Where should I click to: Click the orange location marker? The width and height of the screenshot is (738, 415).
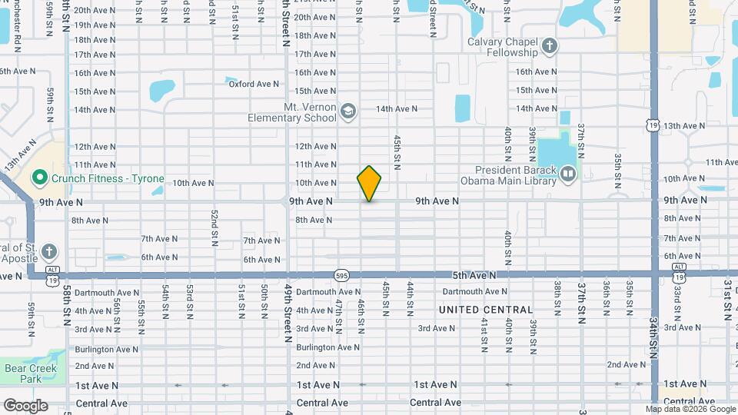(370, 184)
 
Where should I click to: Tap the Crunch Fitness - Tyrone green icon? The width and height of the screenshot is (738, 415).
(41, 179)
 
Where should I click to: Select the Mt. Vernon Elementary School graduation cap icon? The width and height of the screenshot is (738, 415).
(347, 112)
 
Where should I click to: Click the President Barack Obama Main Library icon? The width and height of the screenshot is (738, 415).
(567, 176)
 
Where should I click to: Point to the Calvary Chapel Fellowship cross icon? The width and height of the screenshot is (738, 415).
(549, 46)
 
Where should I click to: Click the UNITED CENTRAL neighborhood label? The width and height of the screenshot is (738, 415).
(485, 310)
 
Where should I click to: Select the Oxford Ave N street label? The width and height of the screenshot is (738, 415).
(254, 84)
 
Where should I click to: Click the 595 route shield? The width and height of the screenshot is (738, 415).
(342, 275)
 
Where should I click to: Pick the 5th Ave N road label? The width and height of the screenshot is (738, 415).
(473, 275)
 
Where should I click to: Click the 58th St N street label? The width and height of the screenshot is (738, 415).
(68, 305)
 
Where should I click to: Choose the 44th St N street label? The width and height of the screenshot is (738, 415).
(411, 298)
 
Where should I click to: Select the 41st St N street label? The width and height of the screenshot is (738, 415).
(484, 334)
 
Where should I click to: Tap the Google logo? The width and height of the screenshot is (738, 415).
(25, 405)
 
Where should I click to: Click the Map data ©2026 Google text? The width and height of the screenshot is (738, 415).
(690, 410)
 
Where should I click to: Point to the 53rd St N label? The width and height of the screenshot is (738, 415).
(188, 301)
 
